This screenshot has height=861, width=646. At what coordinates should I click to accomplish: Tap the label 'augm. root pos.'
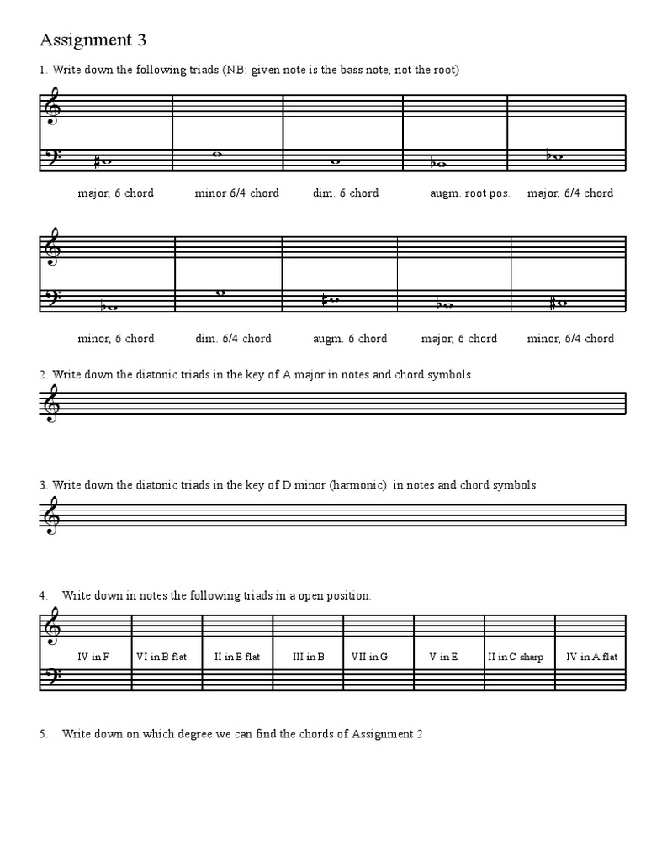[x=469, y=193]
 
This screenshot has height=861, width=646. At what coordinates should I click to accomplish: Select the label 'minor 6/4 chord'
[x=236, y=193]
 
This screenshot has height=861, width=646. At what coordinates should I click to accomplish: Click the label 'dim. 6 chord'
[x=346, y=193]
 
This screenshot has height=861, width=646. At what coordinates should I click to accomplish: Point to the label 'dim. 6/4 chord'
[x=233, y=339]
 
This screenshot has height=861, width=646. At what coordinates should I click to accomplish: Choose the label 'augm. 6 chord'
[x=349, y=339]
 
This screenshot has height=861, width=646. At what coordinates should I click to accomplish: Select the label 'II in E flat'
[x=237, y=657]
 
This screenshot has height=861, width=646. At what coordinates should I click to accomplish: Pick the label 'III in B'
[x=309, y=657]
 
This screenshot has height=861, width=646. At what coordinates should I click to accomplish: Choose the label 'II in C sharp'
[x=516, y=657]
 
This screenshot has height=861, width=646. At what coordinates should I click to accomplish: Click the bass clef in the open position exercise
[x=53, y=679]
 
